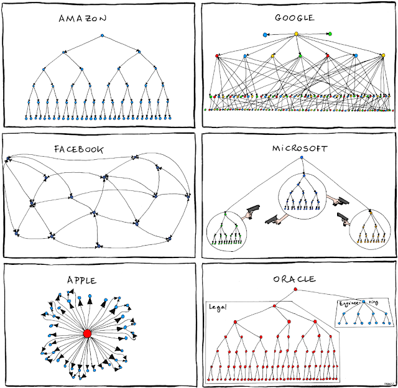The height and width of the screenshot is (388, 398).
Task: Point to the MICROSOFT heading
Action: pos(300,149)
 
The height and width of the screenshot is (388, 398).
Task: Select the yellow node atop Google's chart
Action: pos(296,34)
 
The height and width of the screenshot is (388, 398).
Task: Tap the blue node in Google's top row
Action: pos(266,34)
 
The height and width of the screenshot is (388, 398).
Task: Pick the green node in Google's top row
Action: pos(329,34)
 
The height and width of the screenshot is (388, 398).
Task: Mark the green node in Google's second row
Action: pos(300,56)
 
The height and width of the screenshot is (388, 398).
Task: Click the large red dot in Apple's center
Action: pos(87,333)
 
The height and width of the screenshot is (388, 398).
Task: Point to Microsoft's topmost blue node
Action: pos(301,159)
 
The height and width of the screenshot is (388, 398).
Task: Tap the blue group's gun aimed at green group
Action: pos(271,219)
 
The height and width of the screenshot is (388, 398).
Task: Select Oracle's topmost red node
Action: pos(295,290)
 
